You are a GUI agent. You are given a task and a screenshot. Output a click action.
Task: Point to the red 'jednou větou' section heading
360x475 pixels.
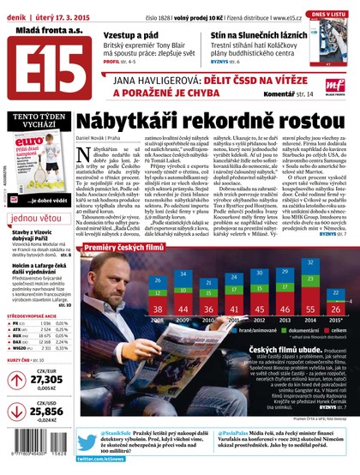(x=37, y=218)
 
